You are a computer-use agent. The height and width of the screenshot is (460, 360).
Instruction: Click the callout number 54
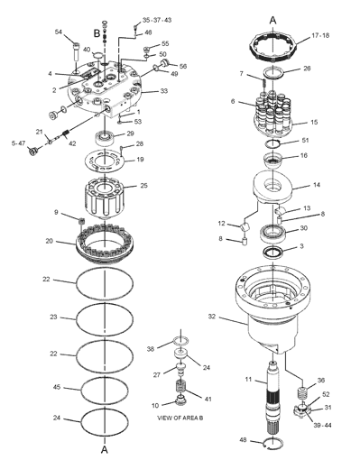point(59,32)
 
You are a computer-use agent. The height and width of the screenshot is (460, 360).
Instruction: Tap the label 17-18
point(320,35)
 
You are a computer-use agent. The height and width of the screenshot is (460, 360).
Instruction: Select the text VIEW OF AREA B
point(180,418)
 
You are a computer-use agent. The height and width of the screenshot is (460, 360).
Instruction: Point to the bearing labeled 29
point(105,138)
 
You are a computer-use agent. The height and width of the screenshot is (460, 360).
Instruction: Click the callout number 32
point(212,317)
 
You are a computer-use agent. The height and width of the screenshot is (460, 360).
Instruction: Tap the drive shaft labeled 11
point(273,397)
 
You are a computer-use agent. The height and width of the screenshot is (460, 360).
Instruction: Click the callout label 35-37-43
point(157,20)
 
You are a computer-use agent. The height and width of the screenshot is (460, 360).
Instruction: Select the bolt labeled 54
point(76,51)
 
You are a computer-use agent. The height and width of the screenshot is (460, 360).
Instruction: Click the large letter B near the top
point(97,32)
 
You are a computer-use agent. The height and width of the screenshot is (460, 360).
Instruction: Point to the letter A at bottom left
point(105,450)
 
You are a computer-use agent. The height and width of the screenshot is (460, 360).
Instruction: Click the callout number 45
point(57,387)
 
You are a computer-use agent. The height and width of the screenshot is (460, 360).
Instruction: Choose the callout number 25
point(144,185)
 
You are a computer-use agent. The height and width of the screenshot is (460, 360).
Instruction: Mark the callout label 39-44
point(322,425)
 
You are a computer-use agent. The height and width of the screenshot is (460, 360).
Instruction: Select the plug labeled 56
point(165,63)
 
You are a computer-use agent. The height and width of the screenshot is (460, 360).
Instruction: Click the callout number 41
point(208,399)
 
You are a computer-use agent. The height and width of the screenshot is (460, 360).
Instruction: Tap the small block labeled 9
point(80,221)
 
